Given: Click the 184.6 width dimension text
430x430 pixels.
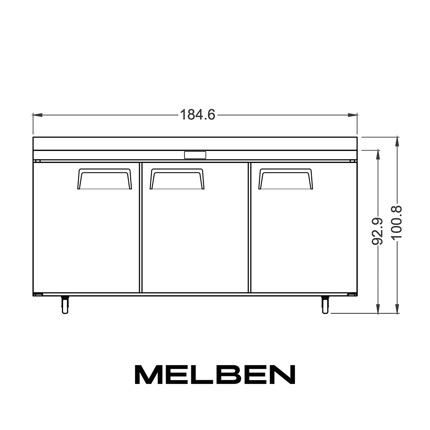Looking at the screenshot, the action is pos(197,115).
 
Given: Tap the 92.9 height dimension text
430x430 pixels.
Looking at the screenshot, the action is pos(377,231).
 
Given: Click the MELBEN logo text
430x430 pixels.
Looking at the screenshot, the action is pos(215,375).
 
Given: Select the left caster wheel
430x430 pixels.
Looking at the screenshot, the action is pos(65,305).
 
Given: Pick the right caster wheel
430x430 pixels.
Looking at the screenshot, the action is pos(325,305).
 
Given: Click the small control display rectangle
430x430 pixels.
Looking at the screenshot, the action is pos(195,155).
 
